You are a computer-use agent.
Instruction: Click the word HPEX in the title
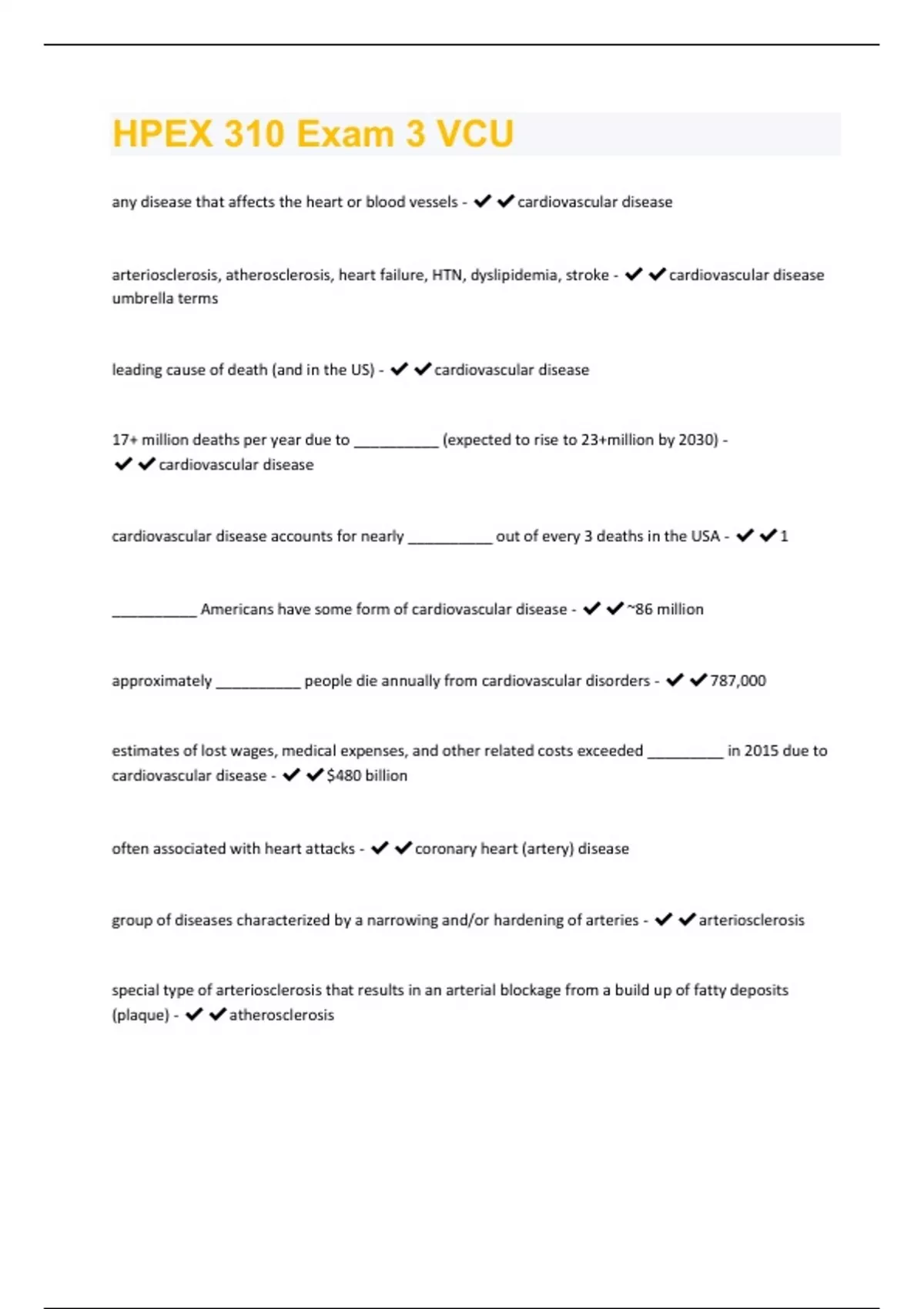pos(162,134)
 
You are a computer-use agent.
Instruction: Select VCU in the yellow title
pos(475,134)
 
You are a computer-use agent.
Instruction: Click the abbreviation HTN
pos(447,275)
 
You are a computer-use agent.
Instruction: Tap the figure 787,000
pos(738,681)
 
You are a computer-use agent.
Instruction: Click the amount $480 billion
pos(367,775)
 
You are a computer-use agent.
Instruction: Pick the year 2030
pos(698,440)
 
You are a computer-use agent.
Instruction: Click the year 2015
pos(761,751)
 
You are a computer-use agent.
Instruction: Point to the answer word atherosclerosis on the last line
pos(282,1015)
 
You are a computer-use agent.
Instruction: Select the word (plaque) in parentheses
pos(140,1015)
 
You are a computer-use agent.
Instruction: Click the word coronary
pos(444,849)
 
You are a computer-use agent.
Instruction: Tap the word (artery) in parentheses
pos(547,849)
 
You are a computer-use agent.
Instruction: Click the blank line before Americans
pos(154,613)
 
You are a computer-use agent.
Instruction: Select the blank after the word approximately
pos(258,685)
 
